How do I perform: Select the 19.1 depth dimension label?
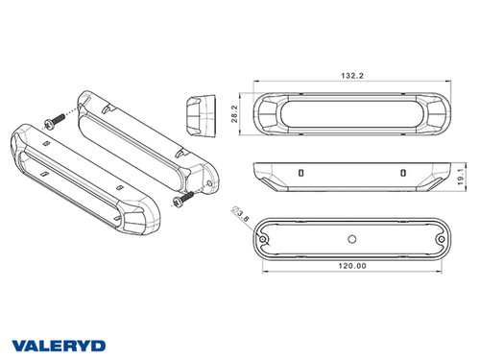pos(463,176)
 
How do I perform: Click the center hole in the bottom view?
pos(351,236)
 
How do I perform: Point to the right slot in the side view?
pos(402,172)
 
